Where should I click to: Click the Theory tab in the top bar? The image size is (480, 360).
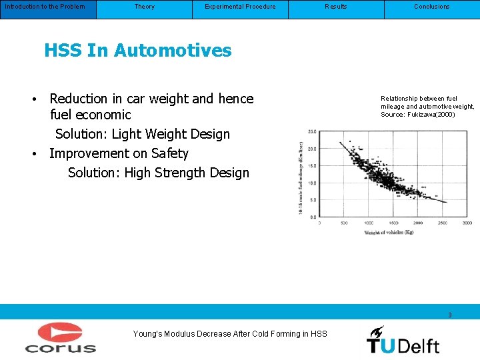click(144, 7)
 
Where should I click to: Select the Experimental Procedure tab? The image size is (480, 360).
click(240, 7)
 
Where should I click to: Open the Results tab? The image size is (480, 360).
click(336, 7)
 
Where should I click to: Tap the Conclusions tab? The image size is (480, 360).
click(432, 7)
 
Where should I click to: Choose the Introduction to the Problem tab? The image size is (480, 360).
click(45, 7)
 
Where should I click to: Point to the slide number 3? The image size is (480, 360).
click(450, 315)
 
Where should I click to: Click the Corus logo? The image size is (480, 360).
click(60, 337)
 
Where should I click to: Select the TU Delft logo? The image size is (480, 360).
click(403, 339)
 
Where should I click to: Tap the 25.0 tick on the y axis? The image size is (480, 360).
click(311, 132)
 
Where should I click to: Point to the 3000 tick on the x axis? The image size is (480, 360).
click(467, 223)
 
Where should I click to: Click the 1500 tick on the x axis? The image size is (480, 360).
click(393, 223)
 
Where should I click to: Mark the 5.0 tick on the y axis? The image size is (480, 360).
click(312, 199)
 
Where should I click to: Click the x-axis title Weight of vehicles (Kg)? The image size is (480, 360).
click(389, 232)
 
